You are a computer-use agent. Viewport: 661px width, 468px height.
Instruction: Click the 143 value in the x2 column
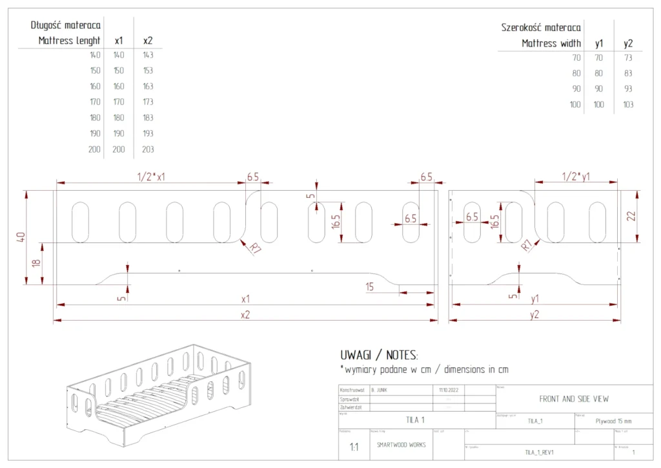[x=148, y=55]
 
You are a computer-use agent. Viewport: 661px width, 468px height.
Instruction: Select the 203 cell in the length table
[x=148, y=149]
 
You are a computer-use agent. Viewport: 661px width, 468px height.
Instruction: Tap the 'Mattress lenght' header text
[x=69, y=41]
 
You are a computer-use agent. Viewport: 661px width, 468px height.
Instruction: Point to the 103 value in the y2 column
[x=627, y=104]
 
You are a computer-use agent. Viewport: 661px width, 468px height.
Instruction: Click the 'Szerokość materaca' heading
[x=540, y=28]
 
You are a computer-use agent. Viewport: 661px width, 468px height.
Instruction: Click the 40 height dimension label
[x=21, y=237]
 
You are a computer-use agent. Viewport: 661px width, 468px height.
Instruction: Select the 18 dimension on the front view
[x=36, y=263]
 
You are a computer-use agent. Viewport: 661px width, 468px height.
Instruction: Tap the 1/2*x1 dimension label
[x=151, y=177]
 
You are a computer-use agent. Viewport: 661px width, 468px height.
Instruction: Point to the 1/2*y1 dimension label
[x=575, y=177]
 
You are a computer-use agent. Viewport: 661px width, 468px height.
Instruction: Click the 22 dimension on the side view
[x=631, y=216]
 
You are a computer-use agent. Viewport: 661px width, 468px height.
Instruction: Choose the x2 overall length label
[x=245, y=315]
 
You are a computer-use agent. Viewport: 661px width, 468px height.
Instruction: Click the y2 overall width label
[x=534, y=315]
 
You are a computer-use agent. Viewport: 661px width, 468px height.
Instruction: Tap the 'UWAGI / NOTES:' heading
[x=379, y=355]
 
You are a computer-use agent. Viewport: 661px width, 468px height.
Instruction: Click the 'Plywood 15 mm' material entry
[x=613, y=420]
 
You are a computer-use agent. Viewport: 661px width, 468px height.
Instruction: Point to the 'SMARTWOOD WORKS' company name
[x=401, y=445]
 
